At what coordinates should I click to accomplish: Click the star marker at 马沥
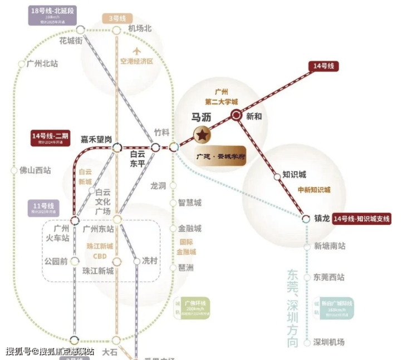click(x=202, y=134)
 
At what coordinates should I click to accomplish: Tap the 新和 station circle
click(x=236, y=115)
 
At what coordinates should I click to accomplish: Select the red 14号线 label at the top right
click(x=323, y=66)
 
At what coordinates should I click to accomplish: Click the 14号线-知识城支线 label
click(x=361, y=219)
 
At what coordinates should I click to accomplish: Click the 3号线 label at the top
click(x=117, y=18)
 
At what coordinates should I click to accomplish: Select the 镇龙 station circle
click(x=306, y=219)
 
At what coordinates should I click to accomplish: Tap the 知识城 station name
click(x=295, y=174)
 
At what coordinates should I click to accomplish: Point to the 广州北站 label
click(x=42, y=64)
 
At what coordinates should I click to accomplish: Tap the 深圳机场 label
click(x=329, y=342)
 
